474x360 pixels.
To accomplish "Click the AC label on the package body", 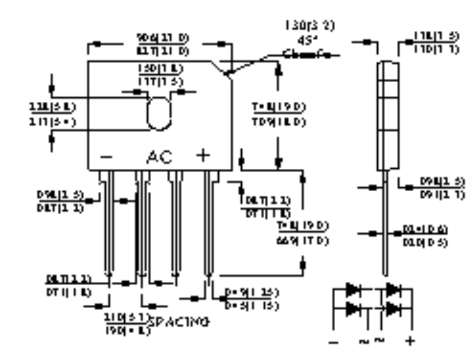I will pos(160,157).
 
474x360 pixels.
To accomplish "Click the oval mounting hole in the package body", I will pos(158,112).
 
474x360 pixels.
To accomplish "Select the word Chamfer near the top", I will pos(311,55).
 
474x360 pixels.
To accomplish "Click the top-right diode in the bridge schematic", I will pos(393,290).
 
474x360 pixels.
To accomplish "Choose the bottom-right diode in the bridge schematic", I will pos(393,308).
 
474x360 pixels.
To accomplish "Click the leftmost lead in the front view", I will pos(107,225).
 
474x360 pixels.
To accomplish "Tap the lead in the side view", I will pos(386,225).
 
